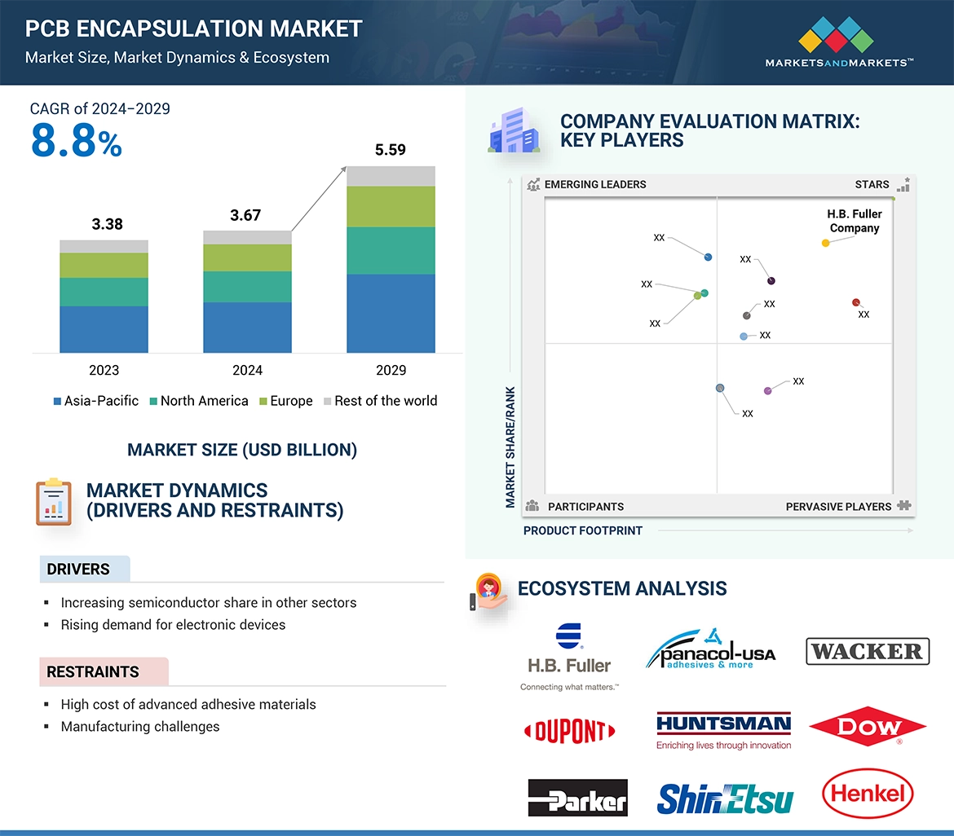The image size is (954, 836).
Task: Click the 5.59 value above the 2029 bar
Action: coord(391,150)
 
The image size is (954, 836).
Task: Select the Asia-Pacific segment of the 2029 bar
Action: coord(391,313)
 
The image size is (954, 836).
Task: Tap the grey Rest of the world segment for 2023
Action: coord(104,246)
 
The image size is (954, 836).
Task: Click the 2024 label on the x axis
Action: coord(247,370)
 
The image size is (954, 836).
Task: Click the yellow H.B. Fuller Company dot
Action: coord(825,243)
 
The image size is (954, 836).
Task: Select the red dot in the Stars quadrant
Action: coord(855,302)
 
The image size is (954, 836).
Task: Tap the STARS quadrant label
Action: coord(872,184)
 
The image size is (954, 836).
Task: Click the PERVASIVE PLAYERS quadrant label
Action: coord(838,507)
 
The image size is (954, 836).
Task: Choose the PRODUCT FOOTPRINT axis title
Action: coord(582,530)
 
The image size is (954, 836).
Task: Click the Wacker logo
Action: coord(868,652)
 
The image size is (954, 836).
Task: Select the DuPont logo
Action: coord(569,730)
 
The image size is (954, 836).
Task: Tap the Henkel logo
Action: coord(868,794)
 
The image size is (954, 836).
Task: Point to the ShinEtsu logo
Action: coord(725,799)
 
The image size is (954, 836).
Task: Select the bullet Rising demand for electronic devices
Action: coord(173,625)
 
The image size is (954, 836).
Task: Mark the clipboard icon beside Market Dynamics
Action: coord(54,501)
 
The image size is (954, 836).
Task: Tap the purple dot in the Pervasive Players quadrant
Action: coord(767,391)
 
